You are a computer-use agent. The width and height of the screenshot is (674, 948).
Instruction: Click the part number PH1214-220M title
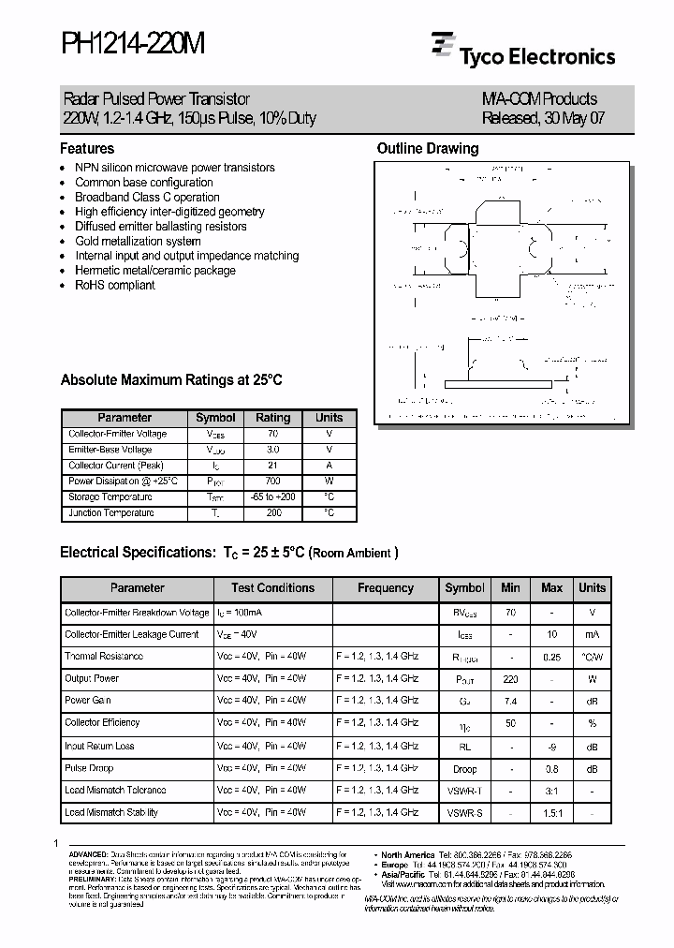[x=132, y=45]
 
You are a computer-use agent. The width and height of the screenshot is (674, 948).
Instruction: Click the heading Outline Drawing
[x=427, y=149]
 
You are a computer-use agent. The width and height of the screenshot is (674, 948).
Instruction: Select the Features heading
[x=87, y=149]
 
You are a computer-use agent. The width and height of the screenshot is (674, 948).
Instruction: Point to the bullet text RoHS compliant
[x=115, y=285]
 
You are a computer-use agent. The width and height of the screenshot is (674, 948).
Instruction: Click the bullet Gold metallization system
[x=138, y=241]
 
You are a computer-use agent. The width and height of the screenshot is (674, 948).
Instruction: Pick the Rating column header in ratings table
[x=272, y=418]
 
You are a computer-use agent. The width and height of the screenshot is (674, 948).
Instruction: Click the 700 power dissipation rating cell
[x=272, y=481]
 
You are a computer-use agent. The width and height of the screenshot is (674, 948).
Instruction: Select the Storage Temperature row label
[x=110, y=497]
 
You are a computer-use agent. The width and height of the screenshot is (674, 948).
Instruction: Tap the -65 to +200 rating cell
[x=272, y=497]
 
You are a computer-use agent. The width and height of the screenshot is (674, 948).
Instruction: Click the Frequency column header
[x=386, y=588]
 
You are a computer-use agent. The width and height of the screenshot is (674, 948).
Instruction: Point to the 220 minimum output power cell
[x=510, y=678]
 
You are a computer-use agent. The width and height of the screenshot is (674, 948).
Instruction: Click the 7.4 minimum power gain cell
[x=510, y=701]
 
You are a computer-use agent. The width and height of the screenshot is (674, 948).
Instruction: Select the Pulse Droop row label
[x=89, y=768]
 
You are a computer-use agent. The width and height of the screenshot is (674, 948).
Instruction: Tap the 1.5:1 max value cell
[x=551, y=813]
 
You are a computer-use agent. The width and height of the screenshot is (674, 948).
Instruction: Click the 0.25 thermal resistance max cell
[x=551, y=657]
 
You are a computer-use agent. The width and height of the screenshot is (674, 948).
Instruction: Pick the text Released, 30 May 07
[x=539, y=119]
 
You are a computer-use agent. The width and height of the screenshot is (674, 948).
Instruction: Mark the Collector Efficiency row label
[x=102, y=723]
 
